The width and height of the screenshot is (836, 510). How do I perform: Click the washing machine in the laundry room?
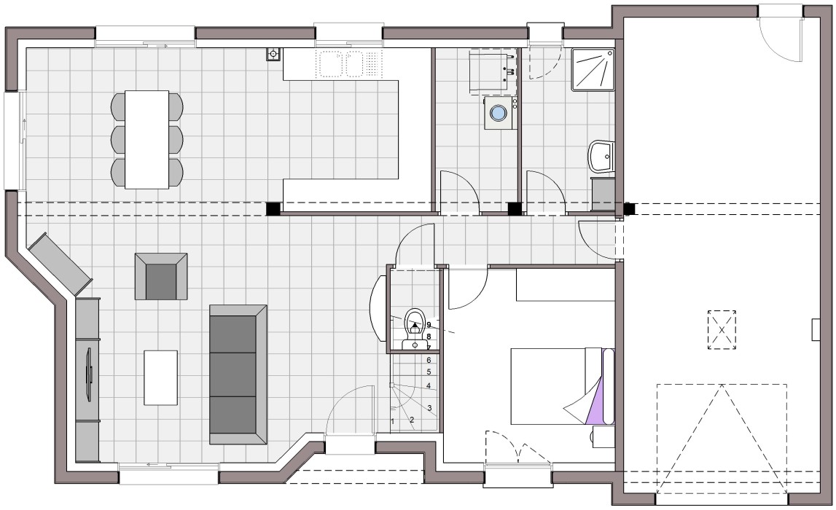pos(500,113)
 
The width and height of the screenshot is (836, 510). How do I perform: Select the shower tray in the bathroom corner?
pos(593,70)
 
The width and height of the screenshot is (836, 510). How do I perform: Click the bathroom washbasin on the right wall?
pos(601,157)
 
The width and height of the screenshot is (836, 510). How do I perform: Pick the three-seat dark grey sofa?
pos(238,374)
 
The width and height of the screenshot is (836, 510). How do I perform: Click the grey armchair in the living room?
pos(161,276)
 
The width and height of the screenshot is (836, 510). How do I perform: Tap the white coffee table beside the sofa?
pos(160,377)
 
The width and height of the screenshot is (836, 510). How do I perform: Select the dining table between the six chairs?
pos(147,140)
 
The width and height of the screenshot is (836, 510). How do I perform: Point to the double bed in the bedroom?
pos(563,386)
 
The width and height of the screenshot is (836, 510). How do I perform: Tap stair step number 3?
pos(429,408)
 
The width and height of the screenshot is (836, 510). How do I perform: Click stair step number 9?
pos(429,325)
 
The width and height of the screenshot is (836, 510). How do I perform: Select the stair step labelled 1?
pos(392,422)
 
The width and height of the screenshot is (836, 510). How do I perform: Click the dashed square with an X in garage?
pos(722,330)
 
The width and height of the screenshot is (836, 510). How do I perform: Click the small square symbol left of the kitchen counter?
pos(273,54)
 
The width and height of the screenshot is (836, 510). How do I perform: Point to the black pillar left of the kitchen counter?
pos(273,208)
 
